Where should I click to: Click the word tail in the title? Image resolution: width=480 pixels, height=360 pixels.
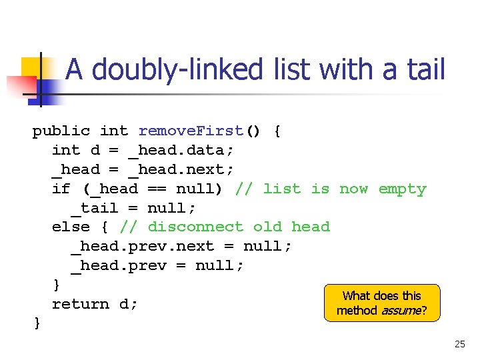click(422, 69)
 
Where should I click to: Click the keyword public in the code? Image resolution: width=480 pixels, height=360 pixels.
click(61, 131)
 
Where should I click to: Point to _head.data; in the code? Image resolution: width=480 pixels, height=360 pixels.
click(181, 150)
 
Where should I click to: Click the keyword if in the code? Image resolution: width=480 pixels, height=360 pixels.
click(61, 189)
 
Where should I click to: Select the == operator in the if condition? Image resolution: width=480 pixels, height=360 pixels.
click(157, 189)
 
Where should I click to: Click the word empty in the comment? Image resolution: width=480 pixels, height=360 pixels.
click(402, 189)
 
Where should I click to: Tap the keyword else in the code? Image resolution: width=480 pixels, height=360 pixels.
click(71, 227)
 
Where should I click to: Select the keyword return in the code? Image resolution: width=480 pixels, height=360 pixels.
click(80, 304)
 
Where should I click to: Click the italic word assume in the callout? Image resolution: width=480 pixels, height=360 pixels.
click(399, 310)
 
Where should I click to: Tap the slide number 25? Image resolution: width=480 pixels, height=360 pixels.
click(459, 345)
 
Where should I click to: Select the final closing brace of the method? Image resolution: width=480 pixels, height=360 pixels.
click(37, 323)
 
